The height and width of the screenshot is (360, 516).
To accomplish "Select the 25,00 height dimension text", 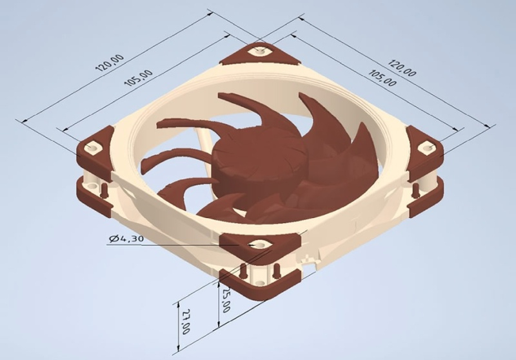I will pos(226,300).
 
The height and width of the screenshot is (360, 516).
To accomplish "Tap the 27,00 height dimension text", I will pos(186,320).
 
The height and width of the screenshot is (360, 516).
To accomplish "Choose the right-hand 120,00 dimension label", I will pos(402,66).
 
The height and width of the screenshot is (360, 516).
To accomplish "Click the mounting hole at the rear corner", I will pos(260,50).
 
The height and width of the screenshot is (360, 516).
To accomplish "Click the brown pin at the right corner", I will pos(417,189).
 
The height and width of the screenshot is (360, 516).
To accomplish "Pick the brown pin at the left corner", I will pos(103,188).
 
